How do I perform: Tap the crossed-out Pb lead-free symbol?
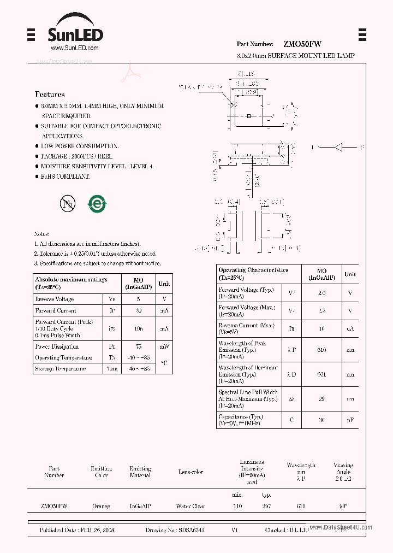[68, 204]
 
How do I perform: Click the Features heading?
[50, 95]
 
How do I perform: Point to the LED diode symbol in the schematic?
[339, 147]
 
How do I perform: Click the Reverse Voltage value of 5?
[139, 299]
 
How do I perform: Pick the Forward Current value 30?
[139, 310]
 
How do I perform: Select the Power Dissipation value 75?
[139, 346]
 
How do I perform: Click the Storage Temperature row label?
[60, 369]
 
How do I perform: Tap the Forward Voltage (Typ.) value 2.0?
[321, 293]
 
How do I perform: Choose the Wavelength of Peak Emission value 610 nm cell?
[321, 350]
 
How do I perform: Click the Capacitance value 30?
[321, 420]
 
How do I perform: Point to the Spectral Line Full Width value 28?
[321, 399]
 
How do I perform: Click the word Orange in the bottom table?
[101, 507]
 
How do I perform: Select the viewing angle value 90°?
[343, 507]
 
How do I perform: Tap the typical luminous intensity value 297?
[266, 507]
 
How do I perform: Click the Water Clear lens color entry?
[190, 507]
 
